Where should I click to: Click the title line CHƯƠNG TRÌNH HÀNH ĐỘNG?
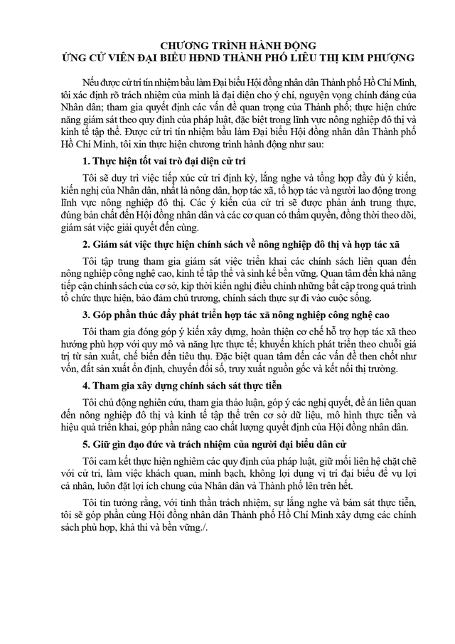tap(227, 45)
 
